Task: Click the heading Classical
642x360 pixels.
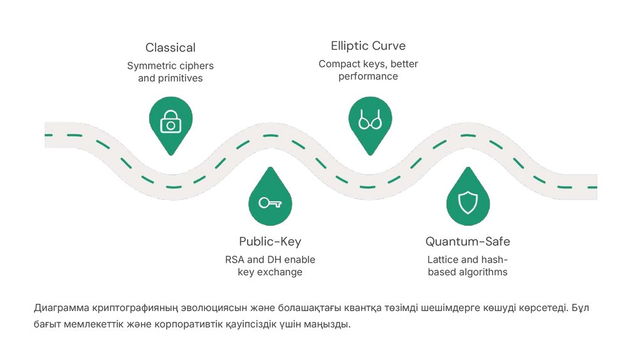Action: pyautogui.click(x=171, y=48)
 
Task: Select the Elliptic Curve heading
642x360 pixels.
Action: pyautogui.click(x=368, y=46)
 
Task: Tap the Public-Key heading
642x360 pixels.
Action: pyautogui.click(x=270, y=242)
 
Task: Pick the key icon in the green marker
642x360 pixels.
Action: pyautogui.click(x=270, y=203)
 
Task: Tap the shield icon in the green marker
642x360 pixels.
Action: pyautogui.click(x=468, y=202)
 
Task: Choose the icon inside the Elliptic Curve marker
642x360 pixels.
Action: pyautogui.click(x=370, y=120)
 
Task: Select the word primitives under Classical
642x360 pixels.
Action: pyautogui.click(x=180, y=79)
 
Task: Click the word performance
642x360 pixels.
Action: pyautogui.click(x=368, y=77)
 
